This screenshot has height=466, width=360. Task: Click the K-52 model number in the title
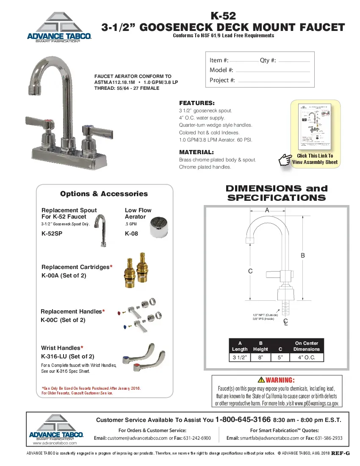click(x=223, y=17)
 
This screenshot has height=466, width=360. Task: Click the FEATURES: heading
click(x=197, y=103)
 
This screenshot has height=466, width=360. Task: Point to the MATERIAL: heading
click(x=196, y=152)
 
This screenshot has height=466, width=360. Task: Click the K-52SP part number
click(x=52, y=233)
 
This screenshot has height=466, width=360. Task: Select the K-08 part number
click(x=132, y=233)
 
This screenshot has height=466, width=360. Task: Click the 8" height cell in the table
click(x=260, y=358)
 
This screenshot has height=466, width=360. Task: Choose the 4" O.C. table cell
click(x=307, y=358)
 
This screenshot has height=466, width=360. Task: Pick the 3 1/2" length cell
click(x=240, y=358)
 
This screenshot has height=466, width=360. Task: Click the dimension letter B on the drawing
click(x=303, y=255)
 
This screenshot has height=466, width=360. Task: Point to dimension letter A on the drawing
click(x=267, y=210)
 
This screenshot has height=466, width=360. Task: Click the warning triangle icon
click(x=261, y=380)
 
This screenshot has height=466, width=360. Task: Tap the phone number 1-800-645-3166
click(x=243, y=419)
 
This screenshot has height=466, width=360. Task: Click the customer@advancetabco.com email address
click(x=138, y=438)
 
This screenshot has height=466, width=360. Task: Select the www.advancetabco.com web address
click(x=55, y=443)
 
